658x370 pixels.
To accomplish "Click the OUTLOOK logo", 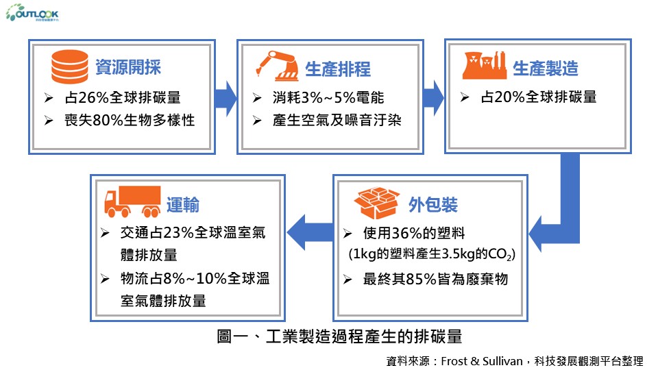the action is (x=32, y=12).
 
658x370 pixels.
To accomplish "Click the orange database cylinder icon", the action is (x=70, y=66).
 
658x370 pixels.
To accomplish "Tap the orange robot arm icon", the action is (x=277, y=66).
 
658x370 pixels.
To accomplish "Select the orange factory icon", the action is (x=485, y=66).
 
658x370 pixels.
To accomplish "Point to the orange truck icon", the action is (x=132, y=201).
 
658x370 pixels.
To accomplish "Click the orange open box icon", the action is (x=376, y=203).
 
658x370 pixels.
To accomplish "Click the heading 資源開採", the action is (x=128, y=66).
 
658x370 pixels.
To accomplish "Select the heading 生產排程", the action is (x=338, y=69).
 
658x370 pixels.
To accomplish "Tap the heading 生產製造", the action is (x=546, y=68).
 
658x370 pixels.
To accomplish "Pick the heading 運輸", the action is (x=183, y=205).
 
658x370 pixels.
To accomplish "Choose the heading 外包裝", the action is (x=433, y=205).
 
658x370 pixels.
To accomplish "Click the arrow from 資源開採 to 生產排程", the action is (x=226, y=98).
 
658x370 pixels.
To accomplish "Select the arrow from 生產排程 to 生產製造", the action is (x=433, y=98).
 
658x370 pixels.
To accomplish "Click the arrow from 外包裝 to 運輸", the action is (x=310, y=232).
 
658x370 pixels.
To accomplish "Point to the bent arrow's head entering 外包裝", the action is (x=536, y=234).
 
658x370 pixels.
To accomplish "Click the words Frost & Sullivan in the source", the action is (x=482, y=361).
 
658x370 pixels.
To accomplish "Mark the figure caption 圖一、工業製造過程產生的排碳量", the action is (x=339, y=336).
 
